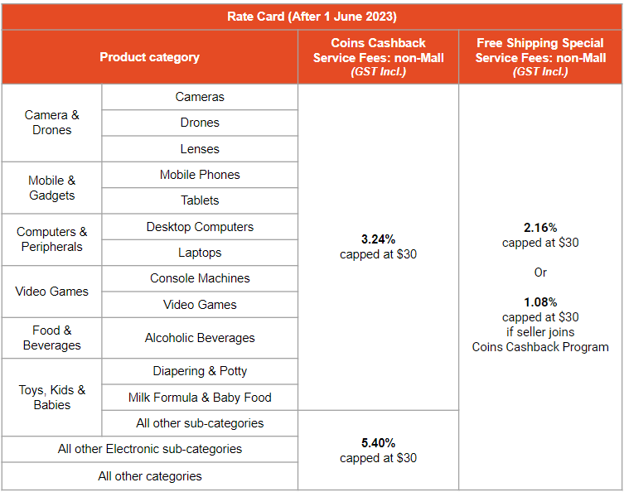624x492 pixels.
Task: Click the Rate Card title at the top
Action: point(312,16)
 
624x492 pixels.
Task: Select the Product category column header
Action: point(149,57)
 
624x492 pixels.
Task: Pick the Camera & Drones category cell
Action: point(52,123)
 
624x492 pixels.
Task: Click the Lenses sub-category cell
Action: point(200,149)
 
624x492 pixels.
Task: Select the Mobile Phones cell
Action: point(200,175)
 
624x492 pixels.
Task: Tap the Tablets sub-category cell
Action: point(200,200)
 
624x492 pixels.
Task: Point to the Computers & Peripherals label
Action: point(52,239)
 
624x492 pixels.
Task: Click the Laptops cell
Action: point(200,253)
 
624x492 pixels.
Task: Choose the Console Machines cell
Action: point(200,278)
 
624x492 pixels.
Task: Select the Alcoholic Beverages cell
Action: point(200,338)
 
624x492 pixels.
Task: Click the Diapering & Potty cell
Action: point(200,371)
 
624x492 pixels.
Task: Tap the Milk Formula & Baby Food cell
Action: point(200,398)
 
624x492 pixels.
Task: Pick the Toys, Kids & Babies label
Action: point(52,397)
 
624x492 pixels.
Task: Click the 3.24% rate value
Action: point(378,239)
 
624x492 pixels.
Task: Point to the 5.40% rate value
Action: point(378,443)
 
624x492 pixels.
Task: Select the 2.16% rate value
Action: point(540,227)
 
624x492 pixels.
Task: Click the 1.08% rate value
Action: point(540,302)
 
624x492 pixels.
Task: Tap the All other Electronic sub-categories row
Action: point(150,449)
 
